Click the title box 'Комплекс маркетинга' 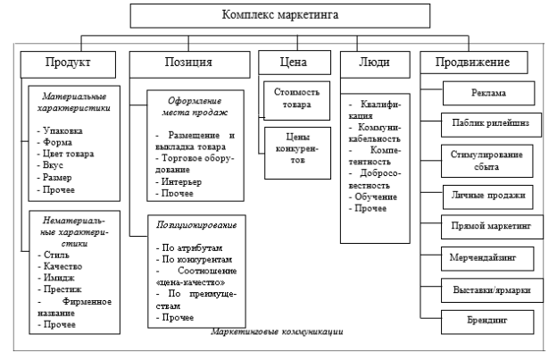click(x=280, y=16)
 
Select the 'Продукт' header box click(x=68, y=64)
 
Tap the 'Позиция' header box click(x=190, y=64)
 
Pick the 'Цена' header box click(x=295, y=63)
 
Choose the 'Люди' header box click(x=375, y=64)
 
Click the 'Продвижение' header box click(x=474, y=63)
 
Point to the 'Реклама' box click(x=489, y=93)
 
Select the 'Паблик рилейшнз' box click(x=491, y=125)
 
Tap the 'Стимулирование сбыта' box click(x=487, y=161)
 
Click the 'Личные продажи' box click(x=488, y=197)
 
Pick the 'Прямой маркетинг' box click(x=492, y=227)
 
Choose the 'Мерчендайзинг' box click(x=487, y=259)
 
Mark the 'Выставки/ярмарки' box click(x=492, y=290)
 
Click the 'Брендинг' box click(x=487, y=322)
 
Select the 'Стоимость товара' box click(x=296, y=101)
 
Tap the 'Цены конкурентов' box click(x=297, y=153)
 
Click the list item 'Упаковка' click(x=60, y=130)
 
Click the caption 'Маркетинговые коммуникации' click(x=277, y=331)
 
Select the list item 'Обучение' click(x=372, y=197)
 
